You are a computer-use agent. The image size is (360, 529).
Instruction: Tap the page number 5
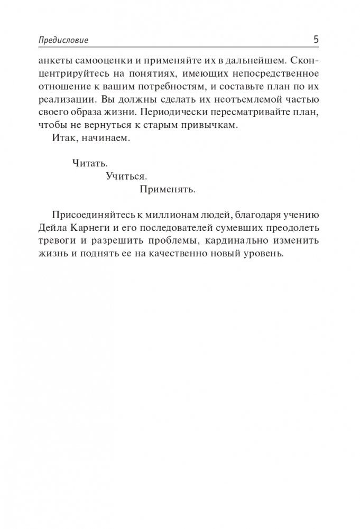tap(315, 40)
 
